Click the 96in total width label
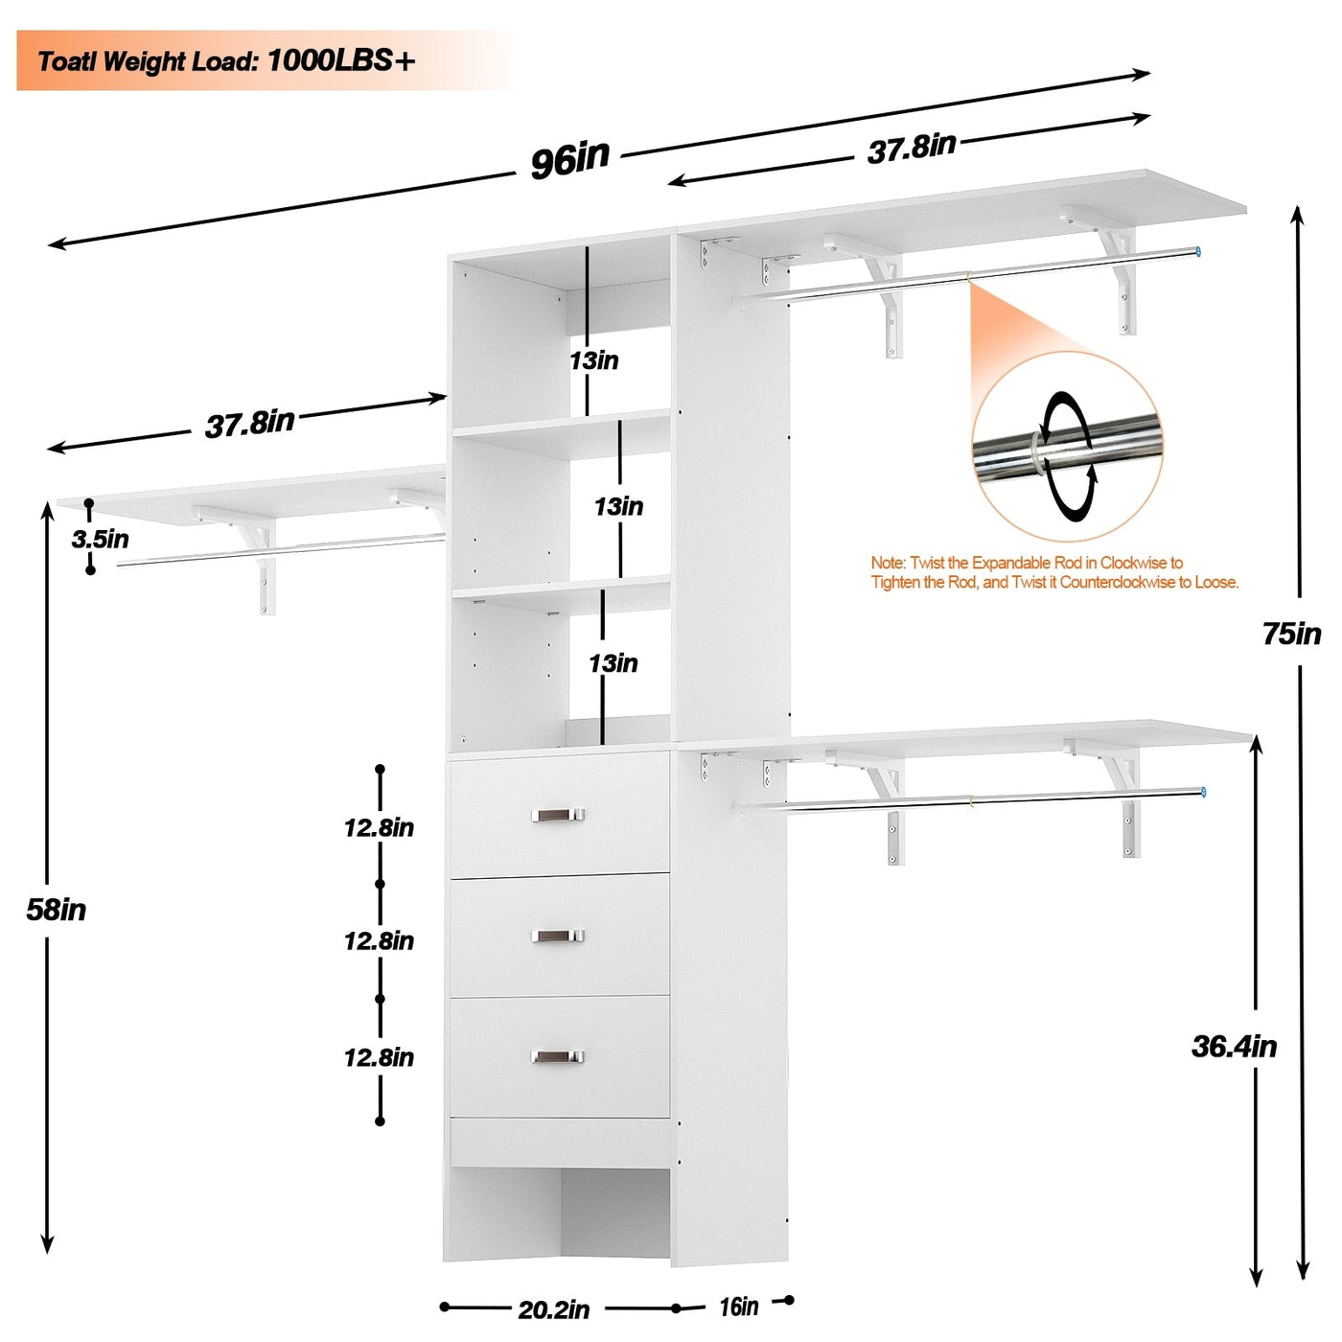(x=570, y=158)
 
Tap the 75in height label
(x=1291, y=634)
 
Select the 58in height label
(x=57, y=910)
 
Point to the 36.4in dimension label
(x=1234, y=1046)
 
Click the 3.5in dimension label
(x=100, y=539)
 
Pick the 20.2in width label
(x=554, y=1309)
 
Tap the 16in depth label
(x=738, y=1307)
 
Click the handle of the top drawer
(x=558, y=815)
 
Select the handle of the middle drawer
(x=558, y=936)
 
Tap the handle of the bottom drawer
(x=558, y=1056)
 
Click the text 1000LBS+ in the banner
(x=341, y=61)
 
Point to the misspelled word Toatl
(x=67, y=62)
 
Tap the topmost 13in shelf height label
(x=594, y=360)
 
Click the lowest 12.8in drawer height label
(x=379, y=1057)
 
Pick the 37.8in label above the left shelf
(x=249, y=424)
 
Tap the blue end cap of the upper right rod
(x=1197, y=252)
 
